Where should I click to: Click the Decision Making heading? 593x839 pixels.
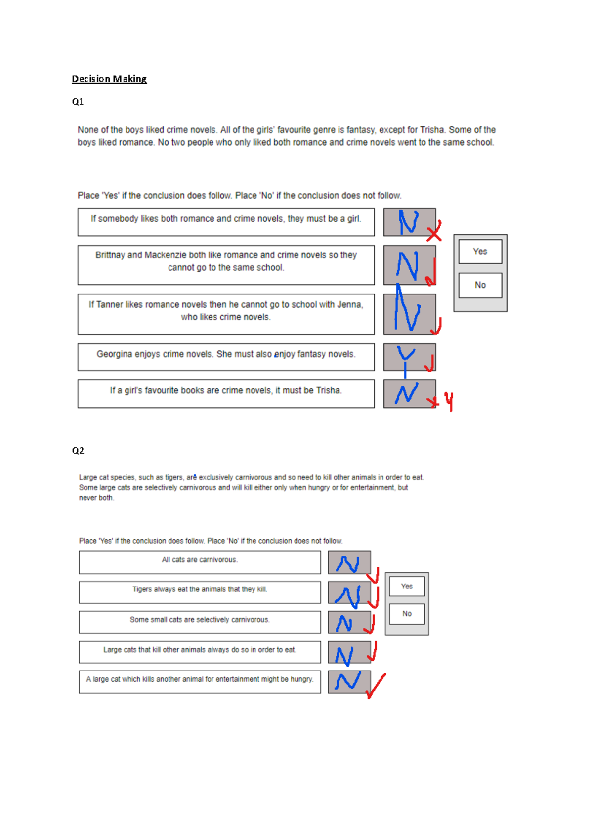coord(109,79)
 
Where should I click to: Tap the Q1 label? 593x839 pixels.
coord(78,102)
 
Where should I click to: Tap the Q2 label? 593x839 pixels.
coord(78,450)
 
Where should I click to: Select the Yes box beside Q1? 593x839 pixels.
coord(480,252)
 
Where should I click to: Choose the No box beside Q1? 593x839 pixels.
coord(480,285)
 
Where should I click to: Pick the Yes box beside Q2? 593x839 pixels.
coord(406,586)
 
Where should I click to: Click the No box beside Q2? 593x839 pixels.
coord(406,614)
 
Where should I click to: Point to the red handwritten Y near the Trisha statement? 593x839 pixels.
coord(449,402)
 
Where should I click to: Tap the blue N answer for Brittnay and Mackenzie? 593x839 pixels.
coord(407,266)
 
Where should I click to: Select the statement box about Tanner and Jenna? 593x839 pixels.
coord(226,314)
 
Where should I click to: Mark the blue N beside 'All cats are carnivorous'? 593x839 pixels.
coord(347,564)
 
